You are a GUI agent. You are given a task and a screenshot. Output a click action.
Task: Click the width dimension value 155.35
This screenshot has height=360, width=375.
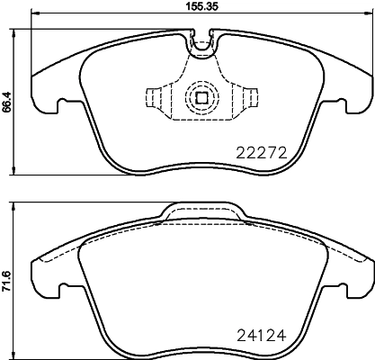tap(188, 6)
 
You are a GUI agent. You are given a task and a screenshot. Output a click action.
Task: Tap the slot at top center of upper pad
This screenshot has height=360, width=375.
tap(201, 39)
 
